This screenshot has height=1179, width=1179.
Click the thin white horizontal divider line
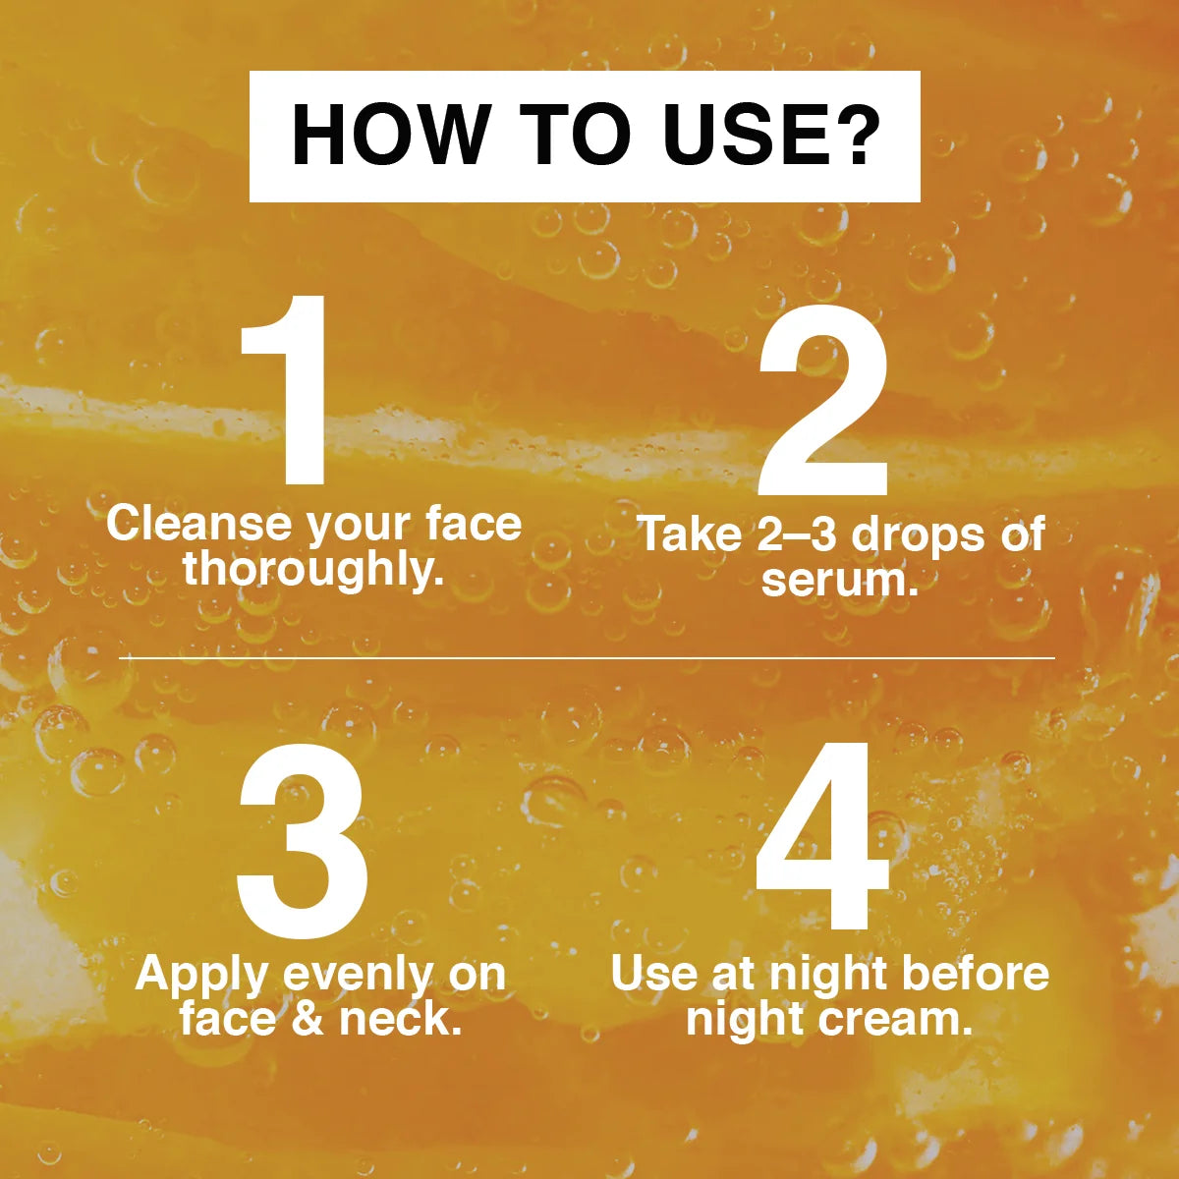pyautogui.click(x=588, y=658)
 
